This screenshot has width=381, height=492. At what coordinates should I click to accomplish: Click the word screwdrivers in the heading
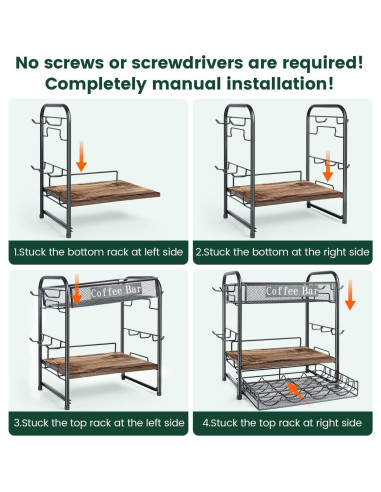point(187,63)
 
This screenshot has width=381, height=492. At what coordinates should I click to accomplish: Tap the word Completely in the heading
point(96,84)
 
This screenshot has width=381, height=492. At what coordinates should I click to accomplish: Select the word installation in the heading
point(280,83)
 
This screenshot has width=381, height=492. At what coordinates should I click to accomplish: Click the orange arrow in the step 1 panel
point(81,156)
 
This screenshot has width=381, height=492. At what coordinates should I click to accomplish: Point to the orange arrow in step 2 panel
point(328,166)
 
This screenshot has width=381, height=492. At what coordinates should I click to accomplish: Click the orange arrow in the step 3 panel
point(77,289)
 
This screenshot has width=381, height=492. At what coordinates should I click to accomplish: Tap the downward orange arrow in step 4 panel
point(350,295)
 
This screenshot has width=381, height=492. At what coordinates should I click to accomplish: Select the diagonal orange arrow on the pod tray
point(298,394)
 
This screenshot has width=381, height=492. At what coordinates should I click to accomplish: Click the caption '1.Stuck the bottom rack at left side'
point(98,252)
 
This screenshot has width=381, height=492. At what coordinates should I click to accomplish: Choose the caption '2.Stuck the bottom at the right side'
point(283,252)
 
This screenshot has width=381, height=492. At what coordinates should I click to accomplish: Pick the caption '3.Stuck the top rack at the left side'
point(99,423)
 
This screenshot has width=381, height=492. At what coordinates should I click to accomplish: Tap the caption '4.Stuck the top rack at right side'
point(282,423)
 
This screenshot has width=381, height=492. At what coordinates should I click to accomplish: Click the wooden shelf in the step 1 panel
point(102,192)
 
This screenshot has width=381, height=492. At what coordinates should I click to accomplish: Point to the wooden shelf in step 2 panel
point(286,192)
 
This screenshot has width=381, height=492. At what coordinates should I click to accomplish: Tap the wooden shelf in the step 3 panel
point(101,364)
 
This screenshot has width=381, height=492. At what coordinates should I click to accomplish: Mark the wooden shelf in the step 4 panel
point(281,357)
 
